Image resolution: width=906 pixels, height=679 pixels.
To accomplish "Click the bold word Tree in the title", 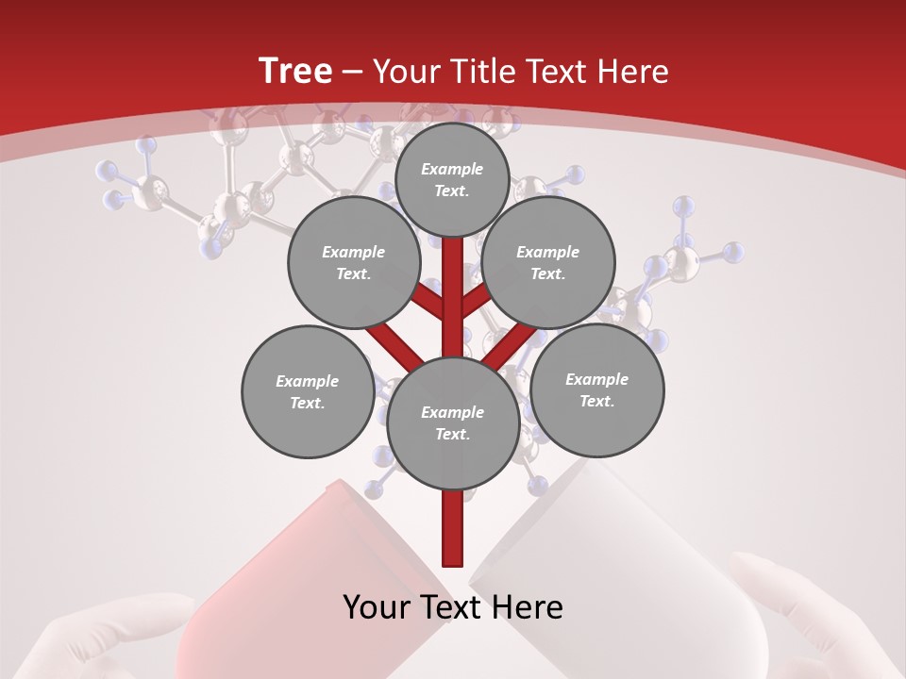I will coord(295,71).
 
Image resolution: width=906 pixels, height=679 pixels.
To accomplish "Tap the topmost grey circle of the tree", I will coord(452,179).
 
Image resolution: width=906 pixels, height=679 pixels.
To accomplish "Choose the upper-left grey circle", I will coord(354,262).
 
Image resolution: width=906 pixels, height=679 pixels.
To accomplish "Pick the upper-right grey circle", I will coord(548,262).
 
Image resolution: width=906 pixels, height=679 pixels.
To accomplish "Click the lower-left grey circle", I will coord(308,391).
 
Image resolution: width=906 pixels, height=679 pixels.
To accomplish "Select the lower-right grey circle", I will coord(597,389).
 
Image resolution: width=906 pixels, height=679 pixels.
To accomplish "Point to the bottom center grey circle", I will coord(453,422).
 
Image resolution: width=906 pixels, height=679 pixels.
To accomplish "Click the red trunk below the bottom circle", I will coord(453,528).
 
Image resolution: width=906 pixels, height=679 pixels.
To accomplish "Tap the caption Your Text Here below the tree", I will coord(453,607).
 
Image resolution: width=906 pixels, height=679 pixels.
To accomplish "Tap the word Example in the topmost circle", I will coord(452,169).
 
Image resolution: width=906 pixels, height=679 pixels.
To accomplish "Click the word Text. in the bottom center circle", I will coord(453,434).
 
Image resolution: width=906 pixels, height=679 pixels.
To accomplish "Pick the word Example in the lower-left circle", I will coord(307,381).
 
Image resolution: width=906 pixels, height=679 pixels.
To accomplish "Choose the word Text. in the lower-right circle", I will coord(596,401).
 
